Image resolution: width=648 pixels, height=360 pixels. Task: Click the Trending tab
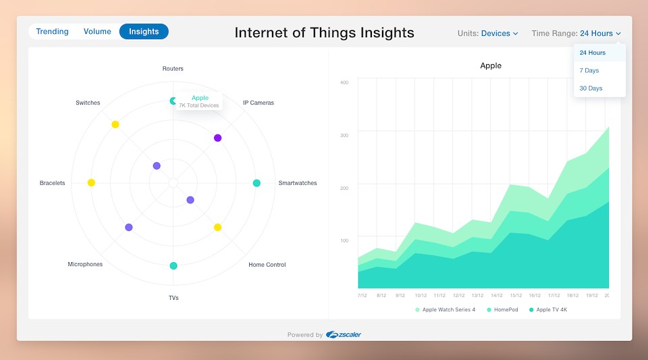[52, 32]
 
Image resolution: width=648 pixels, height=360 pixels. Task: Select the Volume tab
[97, 32]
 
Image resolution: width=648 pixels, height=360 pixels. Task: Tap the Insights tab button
[144, 32]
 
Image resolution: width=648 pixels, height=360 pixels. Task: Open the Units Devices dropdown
[487, 34]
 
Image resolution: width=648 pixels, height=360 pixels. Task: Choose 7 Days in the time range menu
[589, 70]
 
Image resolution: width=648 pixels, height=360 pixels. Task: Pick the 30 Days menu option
[591, 88]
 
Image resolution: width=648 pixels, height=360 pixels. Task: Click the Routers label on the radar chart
[173, 69]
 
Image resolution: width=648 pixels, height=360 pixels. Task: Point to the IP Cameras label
[259, 103]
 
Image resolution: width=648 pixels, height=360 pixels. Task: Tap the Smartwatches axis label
[298, 182]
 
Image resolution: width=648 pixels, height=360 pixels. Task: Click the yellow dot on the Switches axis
[115, 124]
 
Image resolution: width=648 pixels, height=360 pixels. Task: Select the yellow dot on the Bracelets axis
[91, 182]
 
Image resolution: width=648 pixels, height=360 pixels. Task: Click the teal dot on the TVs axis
[173, 265]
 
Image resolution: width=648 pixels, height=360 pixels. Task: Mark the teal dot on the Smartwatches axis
[256, 183]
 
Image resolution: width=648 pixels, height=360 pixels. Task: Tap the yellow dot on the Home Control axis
[218, 228]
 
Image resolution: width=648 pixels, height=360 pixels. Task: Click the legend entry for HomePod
[502, 309]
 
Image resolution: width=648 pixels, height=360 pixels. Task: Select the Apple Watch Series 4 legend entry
[446, 309]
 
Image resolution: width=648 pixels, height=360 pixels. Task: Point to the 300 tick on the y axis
[344, 135]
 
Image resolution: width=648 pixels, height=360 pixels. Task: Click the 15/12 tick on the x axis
[516, 296]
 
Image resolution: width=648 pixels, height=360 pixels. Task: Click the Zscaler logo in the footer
[344, 334]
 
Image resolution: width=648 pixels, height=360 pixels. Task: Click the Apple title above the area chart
[491, 66]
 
